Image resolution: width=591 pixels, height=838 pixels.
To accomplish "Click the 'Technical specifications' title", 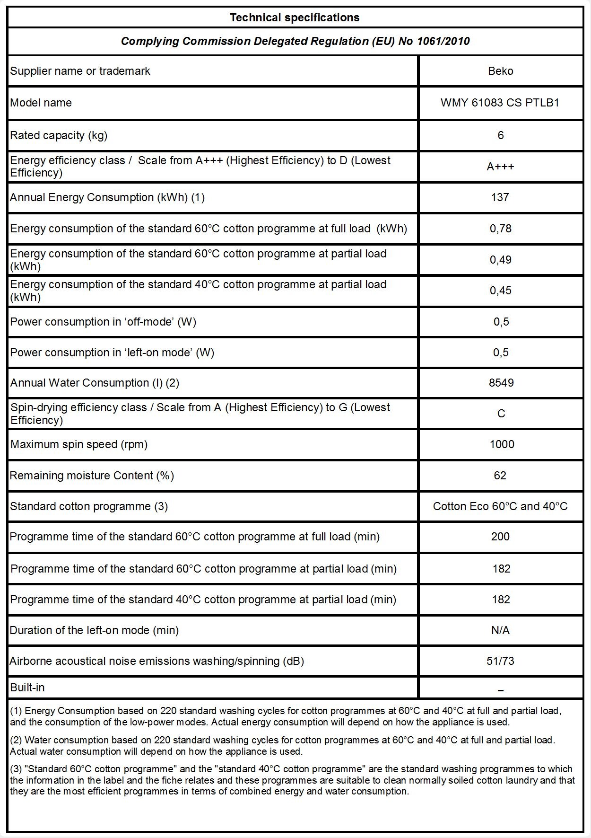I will coord(295,18).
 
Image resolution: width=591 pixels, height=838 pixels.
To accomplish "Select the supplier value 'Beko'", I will coord(500,71).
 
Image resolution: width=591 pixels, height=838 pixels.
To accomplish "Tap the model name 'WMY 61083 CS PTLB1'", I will coord(500,103).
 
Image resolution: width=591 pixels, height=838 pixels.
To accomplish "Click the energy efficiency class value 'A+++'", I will coord(500,167).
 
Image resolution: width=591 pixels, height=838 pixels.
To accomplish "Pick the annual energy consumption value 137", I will coord(500,197).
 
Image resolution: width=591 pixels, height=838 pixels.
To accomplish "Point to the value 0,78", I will coord(500,229).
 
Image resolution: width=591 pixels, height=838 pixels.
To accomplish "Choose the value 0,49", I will coord(500,260).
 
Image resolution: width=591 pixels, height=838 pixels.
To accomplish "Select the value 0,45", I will coord(500,291).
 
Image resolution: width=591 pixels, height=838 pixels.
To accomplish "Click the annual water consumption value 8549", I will coord(501,383).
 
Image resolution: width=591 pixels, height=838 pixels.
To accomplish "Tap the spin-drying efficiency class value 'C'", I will coord(501,414).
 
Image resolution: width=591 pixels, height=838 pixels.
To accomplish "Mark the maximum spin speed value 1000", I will coord(502,444).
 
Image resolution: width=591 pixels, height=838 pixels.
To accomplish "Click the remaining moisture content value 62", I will coord(500,476).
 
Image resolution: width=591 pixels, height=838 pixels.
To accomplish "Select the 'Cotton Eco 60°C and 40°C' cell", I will coord(500,506).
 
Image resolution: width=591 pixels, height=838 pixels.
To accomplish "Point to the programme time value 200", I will coord(500,537).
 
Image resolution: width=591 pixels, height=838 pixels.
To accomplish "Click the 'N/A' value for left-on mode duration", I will coord(500,630).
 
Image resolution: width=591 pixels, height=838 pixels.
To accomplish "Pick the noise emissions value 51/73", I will coord(500,661).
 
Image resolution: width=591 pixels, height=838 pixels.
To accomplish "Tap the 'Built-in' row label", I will coord(27,688).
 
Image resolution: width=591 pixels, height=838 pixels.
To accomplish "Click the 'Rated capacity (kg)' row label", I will coord(59,135).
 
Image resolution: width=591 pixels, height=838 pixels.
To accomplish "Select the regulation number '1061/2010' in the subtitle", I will coord(443,41).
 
